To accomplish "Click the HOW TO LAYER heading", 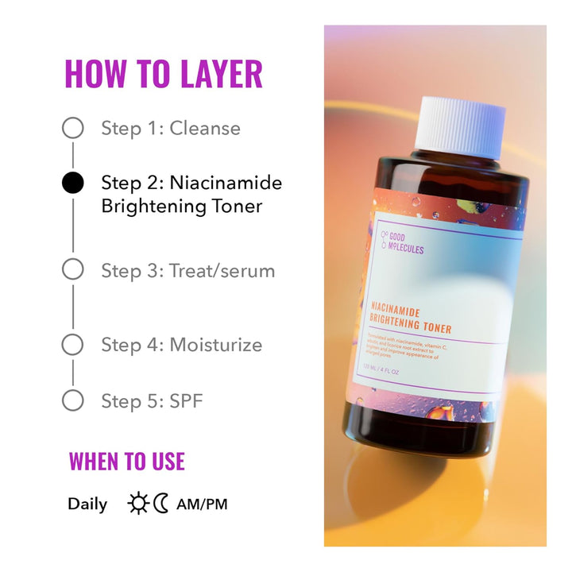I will pos(163,74).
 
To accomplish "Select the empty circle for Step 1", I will pos(72,128).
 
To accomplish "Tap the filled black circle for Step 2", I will pos(72,184).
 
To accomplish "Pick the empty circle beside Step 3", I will pos(72,270).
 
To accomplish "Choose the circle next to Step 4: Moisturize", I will pos(72,345).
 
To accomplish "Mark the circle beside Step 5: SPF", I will pos(72,400).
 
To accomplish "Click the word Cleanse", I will pos(205,128).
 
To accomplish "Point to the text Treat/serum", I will pos(222,270).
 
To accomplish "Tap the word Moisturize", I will pos(216,345).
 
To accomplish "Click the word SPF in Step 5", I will pos(187,400).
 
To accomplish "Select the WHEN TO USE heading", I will pos(126,461).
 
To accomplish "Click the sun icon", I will pos(138,504).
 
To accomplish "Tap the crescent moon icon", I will pos(161,504).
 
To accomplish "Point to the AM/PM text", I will pos(202,504).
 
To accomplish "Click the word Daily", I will pos(87,504).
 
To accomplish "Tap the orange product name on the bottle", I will pos(411,320).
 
